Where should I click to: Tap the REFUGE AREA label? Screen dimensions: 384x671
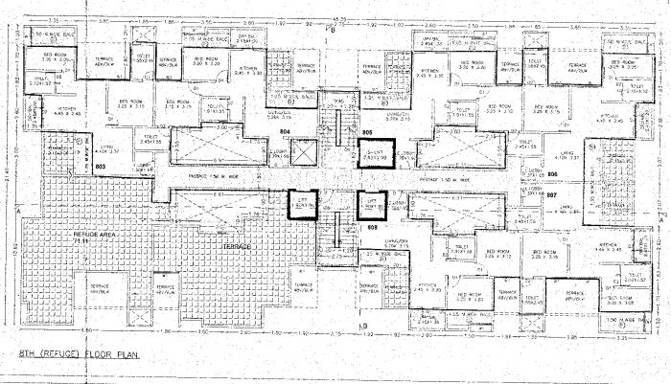tap(65, 233)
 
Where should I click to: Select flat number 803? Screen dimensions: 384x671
tap(46, 166)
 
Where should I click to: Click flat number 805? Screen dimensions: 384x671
tap(339, 131)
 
